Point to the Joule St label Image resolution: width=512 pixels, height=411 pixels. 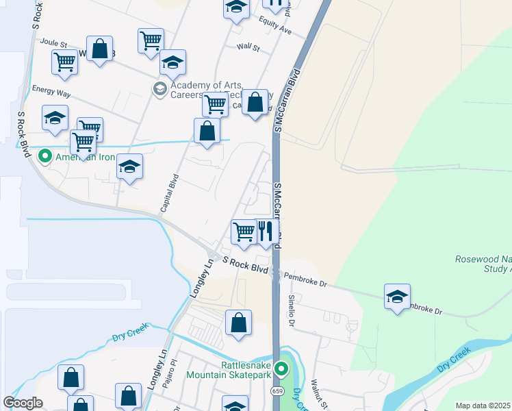53,42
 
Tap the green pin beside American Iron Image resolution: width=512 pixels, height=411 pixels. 46,157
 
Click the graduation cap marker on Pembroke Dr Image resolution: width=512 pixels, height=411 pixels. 397,297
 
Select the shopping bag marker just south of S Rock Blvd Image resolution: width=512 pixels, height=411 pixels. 238,323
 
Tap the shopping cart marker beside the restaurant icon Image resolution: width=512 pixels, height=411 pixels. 244,232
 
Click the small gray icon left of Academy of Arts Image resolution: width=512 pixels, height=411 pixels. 159,88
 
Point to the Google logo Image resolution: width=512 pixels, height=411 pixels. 23,403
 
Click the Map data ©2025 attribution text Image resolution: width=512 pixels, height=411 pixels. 483,406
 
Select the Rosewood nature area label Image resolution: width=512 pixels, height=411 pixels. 483,264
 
